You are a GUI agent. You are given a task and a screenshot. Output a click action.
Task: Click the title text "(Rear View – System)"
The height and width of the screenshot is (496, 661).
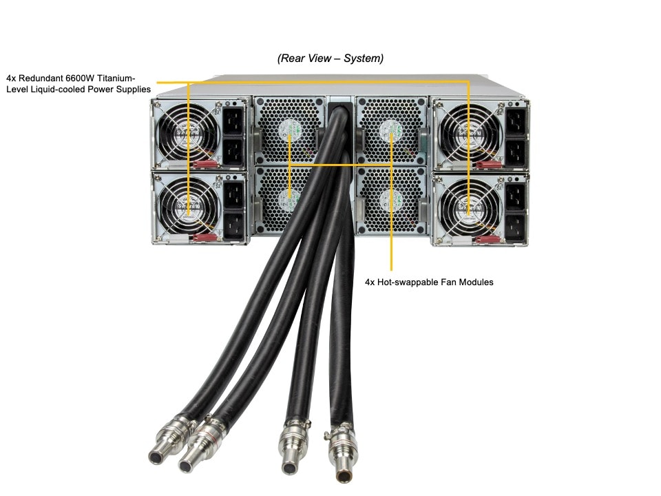(x=330, y=59)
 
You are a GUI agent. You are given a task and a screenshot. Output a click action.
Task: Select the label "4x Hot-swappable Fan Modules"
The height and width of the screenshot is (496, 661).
(x=429, y=282)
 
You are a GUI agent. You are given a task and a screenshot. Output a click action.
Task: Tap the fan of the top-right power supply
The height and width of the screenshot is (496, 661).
(x=468, y=132)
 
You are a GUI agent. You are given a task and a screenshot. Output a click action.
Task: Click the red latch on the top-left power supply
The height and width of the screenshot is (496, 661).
(x=205, y=165)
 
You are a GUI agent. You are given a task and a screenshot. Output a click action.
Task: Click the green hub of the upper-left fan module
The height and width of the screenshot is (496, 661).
(x=290, y=127)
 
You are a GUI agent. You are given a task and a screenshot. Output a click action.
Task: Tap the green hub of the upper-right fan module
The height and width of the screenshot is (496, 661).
(x=391, y=129)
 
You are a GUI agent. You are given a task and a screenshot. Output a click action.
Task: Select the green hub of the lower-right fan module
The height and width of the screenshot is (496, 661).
(x=390, y=200)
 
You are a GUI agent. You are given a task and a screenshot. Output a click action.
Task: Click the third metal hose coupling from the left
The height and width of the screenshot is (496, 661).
(x=293, y=446)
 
